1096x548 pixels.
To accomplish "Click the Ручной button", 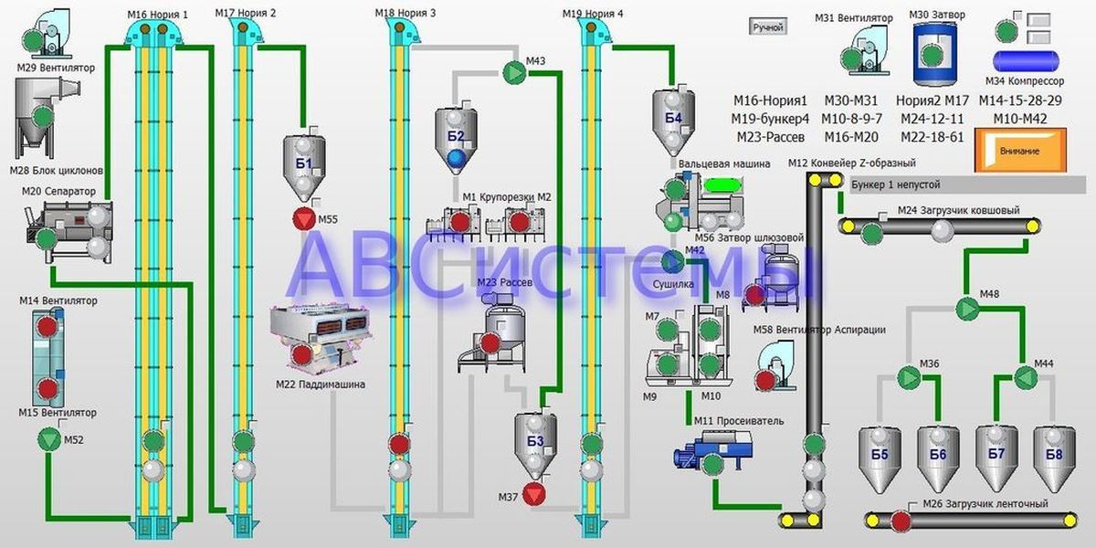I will [767, 26].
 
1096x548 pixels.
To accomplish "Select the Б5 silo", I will [880, 452].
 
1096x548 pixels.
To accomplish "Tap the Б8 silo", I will [1053, 452].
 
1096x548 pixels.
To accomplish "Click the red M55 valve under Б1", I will [303, 219].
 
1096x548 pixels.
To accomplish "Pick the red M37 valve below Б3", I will [535, 496].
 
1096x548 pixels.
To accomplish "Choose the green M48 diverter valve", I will [966, 309].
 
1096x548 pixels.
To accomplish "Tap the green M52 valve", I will [47, 440].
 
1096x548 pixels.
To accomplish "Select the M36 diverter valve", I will [908, 376].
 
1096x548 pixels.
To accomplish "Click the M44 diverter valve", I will [1025, 376].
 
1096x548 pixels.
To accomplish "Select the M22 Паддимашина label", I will [320, 385].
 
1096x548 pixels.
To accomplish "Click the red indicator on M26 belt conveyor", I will [901, 522].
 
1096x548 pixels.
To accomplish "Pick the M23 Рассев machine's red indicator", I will [490, 342].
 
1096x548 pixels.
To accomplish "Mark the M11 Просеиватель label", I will [726, 421].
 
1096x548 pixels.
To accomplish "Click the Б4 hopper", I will [673, 118].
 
